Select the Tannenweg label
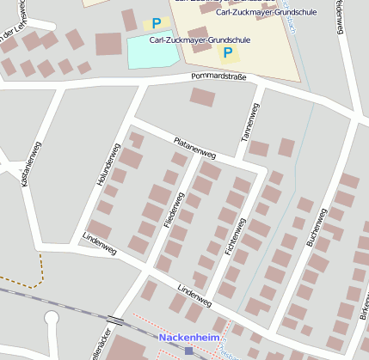coord(250,123)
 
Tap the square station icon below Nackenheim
coord(189,351)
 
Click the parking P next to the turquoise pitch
coord(156,24)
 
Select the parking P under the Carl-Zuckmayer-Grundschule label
coord(228,53)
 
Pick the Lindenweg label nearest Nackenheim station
coord(194,296)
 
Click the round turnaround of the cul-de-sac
coord(51,319)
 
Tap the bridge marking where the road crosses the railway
coord(115,321)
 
